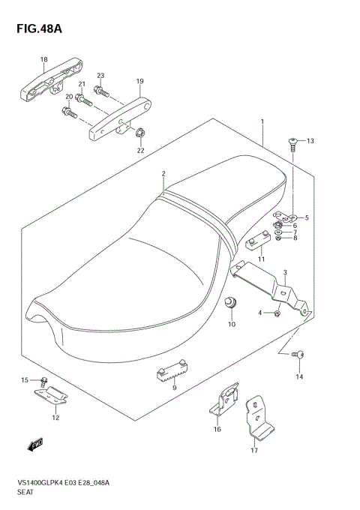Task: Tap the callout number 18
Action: click(43, 59)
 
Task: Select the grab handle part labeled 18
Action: click(46, 81)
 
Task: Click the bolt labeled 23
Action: click(103, 93)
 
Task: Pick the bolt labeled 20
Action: click(68, 113)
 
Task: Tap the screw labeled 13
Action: click(293, 142)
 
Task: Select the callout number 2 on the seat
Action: click(163, 174)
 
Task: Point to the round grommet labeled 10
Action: click(231, 302)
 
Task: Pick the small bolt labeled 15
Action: click(44, 380)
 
